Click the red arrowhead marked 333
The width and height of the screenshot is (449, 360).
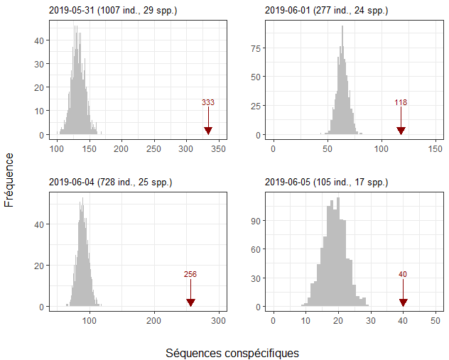coord(208,131)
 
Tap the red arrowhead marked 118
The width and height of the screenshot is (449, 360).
coord(401,131)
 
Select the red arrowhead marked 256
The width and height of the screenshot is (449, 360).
coord(190,302)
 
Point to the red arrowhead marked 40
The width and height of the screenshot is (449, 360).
coord(403,302)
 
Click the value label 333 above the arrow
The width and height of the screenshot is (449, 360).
coord(208,103)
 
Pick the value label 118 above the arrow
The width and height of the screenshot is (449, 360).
coord(401,103)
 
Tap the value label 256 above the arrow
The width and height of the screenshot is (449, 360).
coord(190,275)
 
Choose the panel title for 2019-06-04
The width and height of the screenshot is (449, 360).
coord(110,182)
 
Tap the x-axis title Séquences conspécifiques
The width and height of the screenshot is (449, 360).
coord(232,353)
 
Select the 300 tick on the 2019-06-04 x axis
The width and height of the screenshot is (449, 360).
coord(219,320)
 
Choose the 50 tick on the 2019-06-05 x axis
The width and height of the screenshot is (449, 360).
coord(436,320)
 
